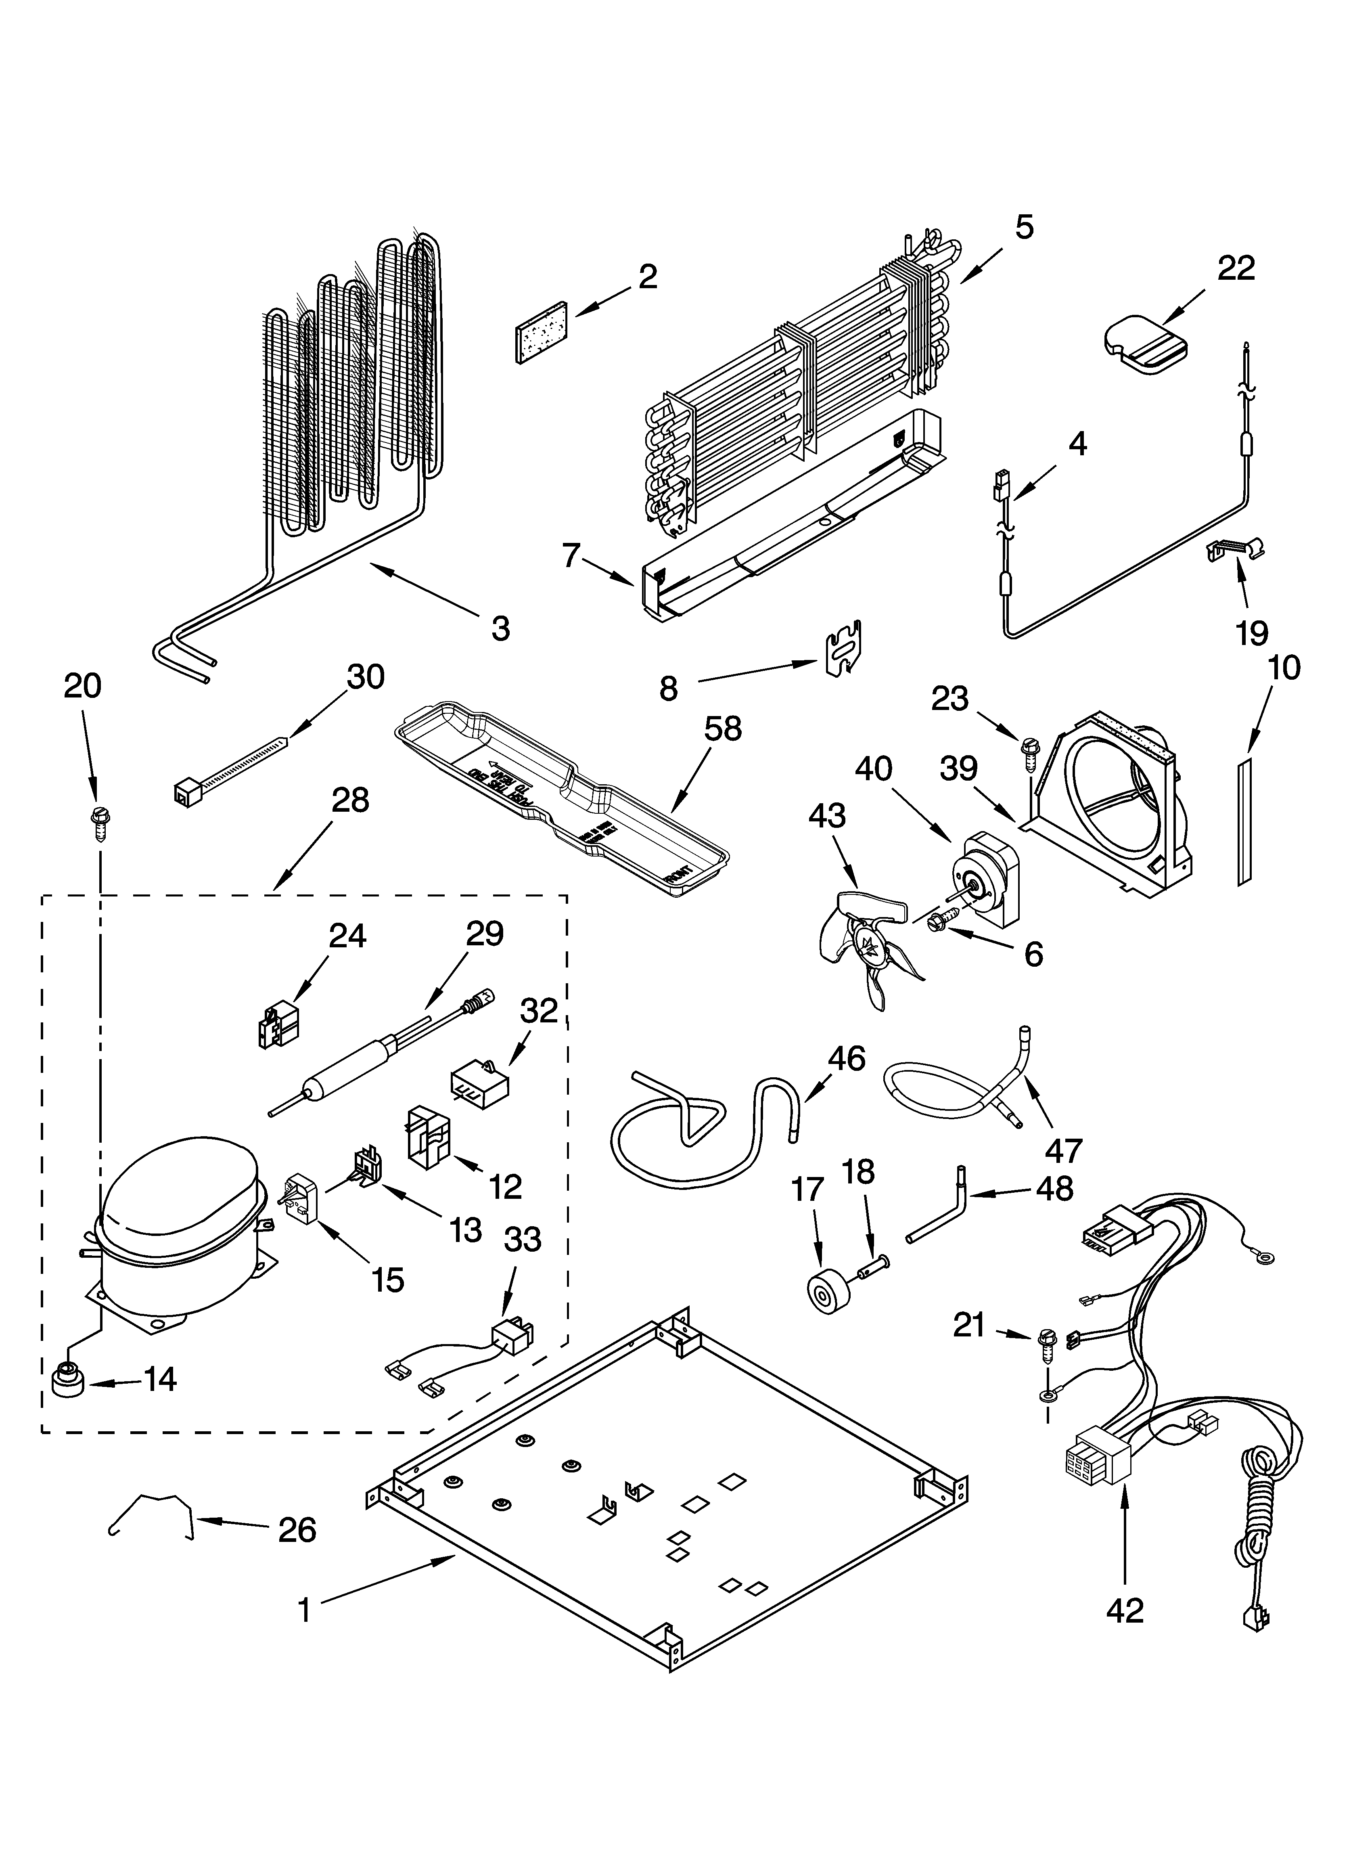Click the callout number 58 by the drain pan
[x=722, y=729]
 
